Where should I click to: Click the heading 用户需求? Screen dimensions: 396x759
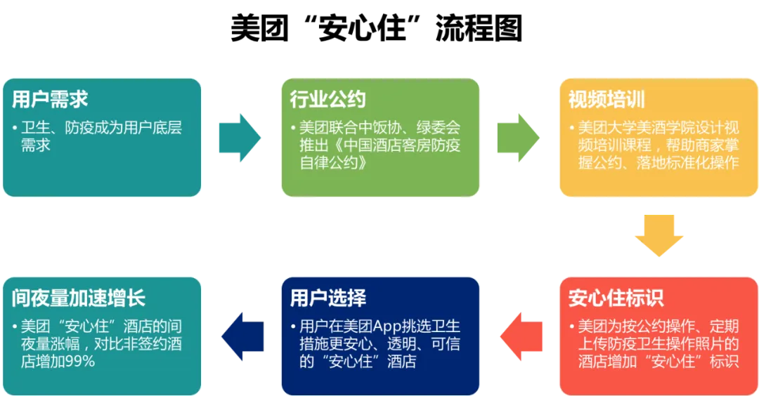pos(50,100)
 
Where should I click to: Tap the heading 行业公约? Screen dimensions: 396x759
pos(328,100)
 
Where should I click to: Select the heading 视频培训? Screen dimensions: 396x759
pos(606,100)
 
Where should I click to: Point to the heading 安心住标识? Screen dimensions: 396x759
pos(616,298)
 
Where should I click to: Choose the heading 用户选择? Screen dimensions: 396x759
pos(328,298)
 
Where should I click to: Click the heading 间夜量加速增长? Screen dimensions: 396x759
pos(79,298)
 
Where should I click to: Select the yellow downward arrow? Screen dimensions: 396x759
pos(659,235)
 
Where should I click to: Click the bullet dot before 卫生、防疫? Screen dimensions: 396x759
pos(15,128)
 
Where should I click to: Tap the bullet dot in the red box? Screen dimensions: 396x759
pos(572,328)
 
